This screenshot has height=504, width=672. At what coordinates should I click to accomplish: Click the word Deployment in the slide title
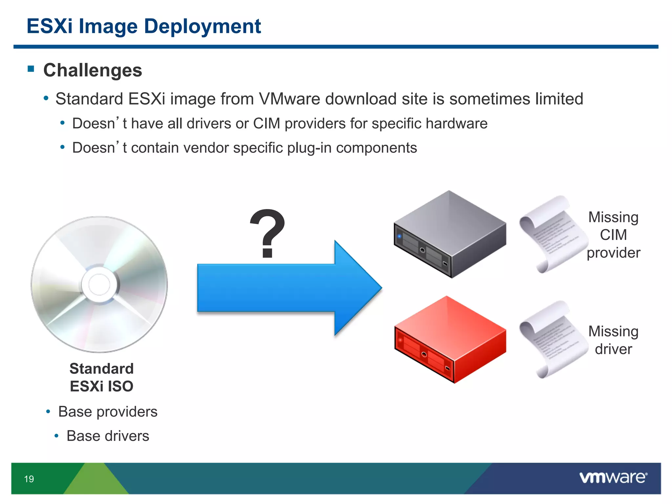tap(202, 26)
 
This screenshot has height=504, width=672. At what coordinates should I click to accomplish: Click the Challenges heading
tap(93, 70)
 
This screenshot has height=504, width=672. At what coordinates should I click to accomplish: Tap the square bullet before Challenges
tap(31, 69)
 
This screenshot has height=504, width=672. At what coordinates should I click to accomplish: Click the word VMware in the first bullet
tap(289, 99)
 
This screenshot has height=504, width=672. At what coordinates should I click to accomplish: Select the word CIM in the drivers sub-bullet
tap(266, 124)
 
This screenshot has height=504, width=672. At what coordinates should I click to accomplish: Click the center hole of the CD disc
tap(99, 284)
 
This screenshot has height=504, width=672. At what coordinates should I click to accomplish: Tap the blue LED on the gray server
tap(399, 236)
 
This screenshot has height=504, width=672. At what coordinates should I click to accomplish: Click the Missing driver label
tap(613, 340)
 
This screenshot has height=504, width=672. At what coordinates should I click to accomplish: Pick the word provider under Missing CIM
tap(613, 253)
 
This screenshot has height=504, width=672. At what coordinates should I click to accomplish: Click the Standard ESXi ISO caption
tap(101, 377)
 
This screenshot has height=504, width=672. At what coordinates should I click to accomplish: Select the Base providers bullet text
tap(108, 412)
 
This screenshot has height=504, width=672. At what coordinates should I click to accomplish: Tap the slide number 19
tap(29, 479)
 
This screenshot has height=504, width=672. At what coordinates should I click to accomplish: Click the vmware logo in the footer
tap(613, 477)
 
